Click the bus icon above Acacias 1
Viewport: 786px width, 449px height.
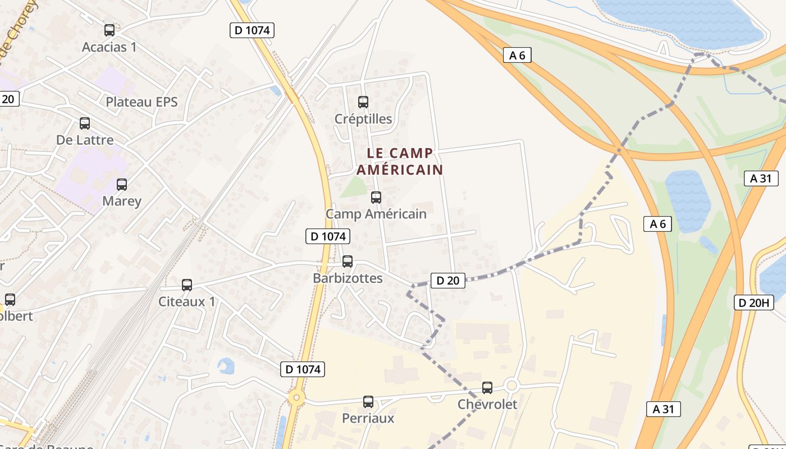(109, 30)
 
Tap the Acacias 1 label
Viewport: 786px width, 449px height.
(109, 47)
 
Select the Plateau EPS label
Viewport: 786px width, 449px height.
(141, 102)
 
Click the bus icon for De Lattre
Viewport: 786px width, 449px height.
(85, 123)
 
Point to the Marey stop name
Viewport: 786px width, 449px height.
(122, 201)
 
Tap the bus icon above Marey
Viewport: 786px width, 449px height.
(122, 184)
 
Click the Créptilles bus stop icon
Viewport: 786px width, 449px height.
(363, 102)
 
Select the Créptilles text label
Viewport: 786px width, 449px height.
(363, 119)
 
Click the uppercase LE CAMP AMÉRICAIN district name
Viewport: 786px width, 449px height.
(400, 161)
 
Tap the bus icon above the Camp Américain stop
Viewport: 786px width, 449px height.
(376, 198)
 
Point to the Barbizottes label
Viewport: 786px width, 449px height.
(348, 278)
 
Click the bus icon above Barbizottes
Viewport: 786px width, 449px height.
(348, 262)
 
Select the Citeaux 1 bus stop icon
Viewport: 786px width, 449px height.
(187, 285)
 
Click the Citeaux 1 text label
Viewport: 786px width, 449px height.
(187, 301)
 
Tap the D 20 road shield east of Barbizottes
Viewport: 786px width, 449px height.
(447, 281)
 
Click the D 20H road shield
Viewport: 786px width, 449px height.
(754, 303)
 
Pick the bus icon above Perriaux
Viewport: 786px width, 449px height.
(368, 402)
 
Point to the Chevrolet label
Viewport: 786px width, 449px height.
(487, 404)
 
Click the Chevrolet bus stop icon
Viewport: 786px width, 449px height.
(487, 388)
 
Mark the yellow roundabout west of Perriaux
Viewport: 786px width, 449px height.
(296, 398)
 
